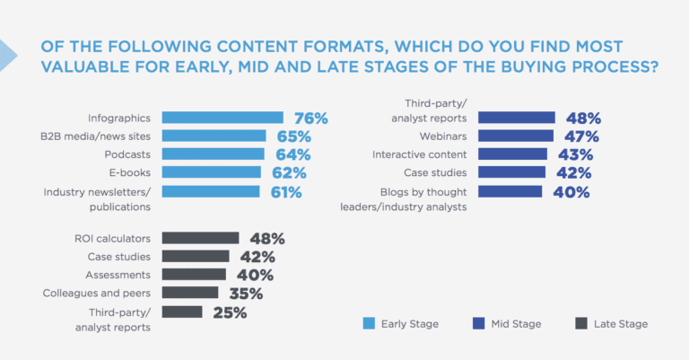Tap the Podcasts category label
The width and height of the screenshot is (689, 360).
126,154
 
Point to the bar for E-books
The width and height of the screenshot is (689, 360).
212,172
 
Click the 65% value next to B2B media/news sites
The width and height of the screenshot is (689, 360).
292,136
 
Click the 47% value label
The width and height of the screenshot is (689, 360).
581,136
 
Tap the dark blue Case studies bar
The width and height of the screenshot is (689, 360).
511,172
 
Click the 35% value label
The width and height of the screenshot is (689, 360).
244,294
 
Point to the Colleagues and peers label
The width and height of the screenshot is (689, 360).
97,293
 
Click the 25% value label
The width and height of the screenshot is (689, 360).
229,312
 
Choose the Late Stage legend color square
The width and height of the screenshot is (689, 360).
580,323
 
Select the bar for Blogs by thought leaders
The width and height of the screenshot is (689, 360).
510,191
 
